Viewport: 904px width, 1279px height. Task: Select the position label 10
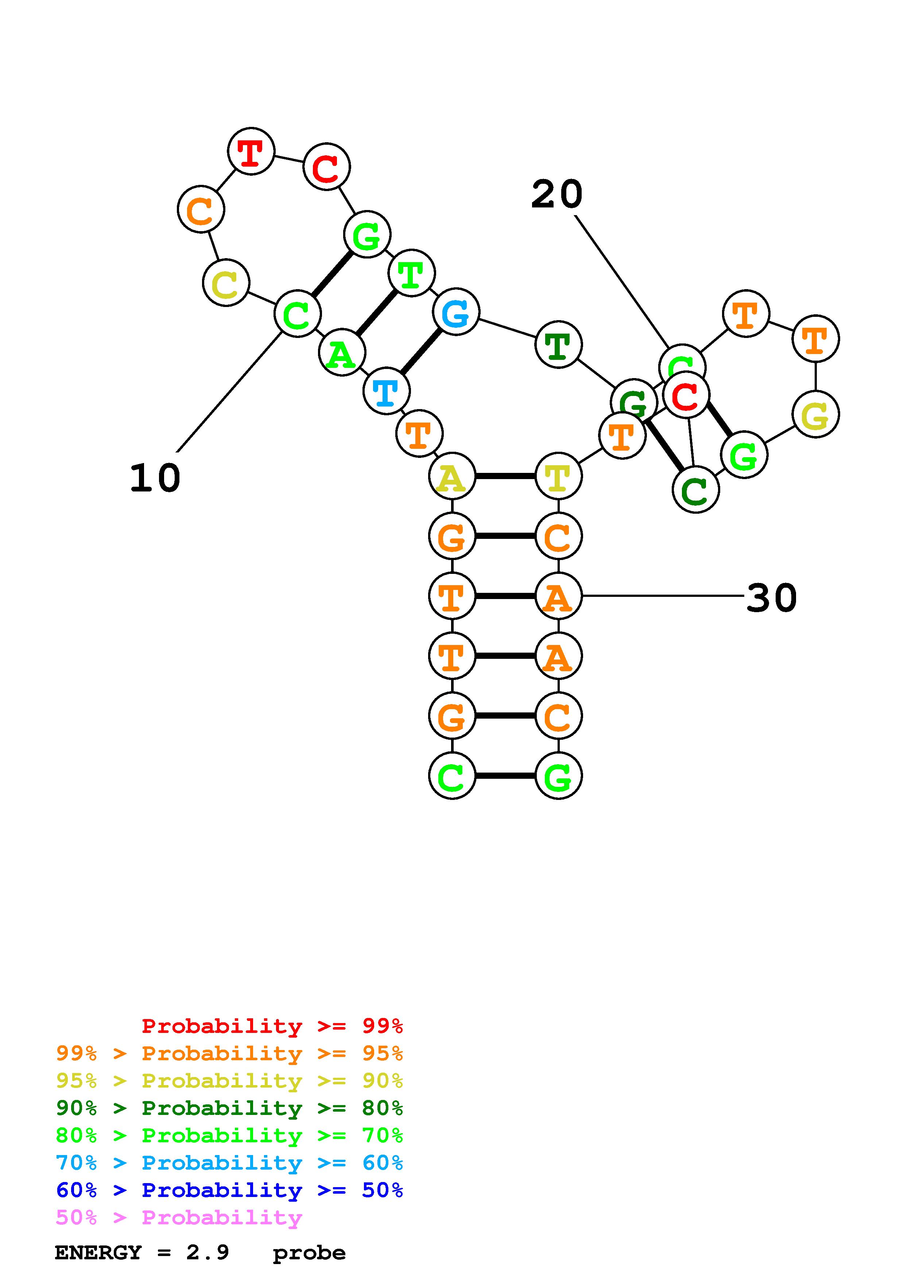[x=155, y=478]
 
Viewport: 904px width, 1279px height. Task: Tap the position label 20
[x=556, y=195]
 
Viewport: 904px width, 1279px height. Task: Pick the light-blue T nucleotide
[x=386, y=391]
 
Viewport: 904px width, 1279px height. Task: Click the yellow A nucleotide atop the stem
[x=452, y=476]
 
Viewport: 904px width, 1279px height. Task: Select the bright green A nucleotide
[x=341, y=353]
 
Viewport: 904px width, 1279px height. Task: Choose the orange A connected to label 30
[x=558, y=596]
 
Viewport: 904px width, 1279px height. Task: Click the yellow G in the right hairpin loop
[x=815, y=415]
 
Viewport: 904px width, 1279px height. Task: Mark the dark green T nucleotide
[x=558, y=344]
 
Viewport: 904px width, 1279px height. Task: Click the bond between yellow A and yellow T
[x=505, y=476]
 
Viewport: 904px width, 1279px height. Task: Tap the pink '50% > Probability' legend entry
[x=179, y=1218]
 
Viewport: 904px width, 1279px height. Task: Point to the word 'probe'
[x=309, y=1253]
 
